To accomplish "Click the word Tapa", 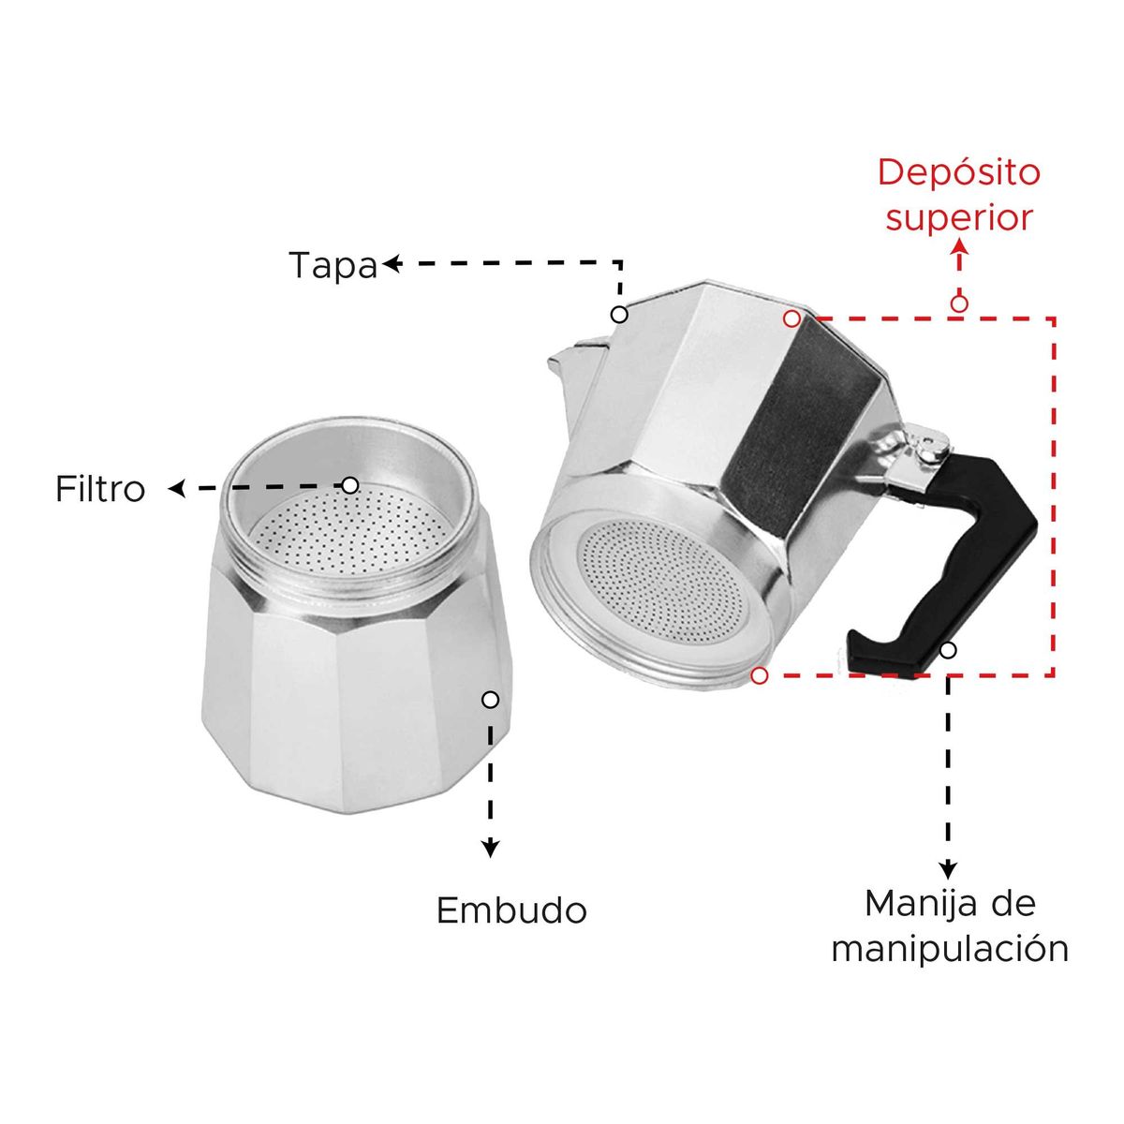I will click(332, 265).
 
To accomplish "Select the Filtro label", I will click(100, 489).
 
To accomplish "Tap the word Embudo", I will click(511, 910).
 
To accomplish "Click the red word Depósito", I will click(946, 172).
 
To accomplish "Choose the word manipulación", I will click(950, 948).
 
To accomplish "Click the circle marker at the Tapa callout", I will click(619, 314).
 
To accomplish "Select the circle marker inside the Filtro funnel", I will click(349, 485).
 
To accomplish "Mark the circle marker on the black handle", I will click(948, 649).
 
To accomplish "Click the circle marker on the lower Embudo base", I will click(490, 699).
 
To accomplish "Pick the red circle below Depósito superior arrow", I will click(958, 303).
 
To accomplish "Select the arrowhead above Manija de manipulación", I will click(948, 869).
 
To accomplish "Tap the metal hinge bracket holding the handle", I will click(909, 454).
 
